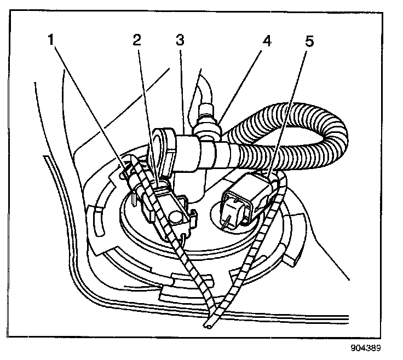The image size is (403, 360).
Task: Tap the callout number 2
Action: point(137,40)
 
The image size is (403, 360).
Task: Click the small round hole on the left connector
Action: point(176,218)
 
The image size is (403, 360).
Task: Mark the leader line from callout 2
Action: point(147,109)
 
